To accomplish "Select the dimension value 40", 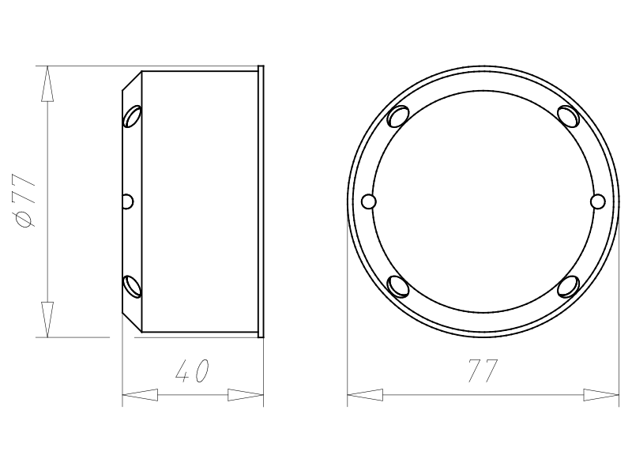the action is tap(192, 371).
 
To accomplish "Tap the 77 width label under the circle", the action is tap(483, 371).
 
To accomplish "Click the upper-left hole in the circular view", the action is tap(398, 116).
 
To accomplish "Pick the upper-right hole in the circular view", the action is tap(568, 116).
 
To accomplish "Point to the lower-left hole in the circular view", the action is tap(398, 287).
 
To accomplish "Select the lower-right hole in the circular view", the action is tap(568, 287).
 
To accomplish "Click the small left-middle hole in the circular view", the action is tap(369, 201).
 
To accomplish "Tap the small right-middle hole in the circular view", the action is tap(598, 201).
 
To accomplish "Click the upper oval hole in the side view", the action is tap(133, 116).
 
